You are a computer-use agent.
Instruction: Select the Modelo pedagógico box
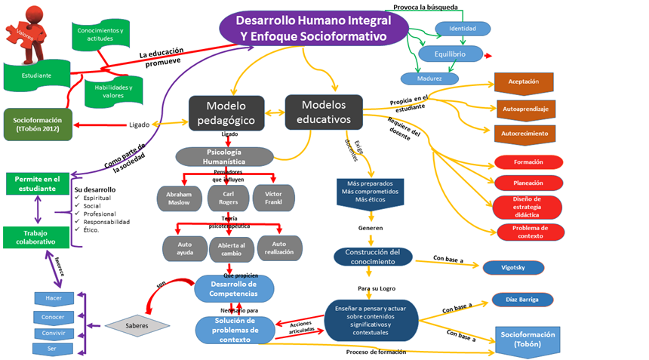(226, 112)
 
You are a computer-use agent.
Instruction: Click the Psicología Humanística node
(224, 156)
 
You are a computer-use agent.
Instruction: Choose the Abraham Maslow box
(179, 198)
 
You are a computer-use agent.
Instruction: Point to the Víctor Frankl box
(274, 197)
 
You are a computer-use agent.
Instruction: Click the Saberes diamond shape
(137, 325)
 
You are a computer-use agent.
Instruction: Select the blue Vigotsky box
(513, 267)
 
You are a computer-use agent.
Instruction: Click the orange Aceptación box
(524, 82)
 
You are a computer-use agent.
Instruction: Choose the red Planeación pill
(528, 182)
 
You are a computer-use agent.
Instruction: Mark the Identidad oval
(463, 29)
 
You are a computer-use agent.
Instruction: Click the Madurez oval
(429, 78)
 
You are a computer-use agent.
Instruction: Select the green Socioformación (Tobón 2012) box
(38, 124)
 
